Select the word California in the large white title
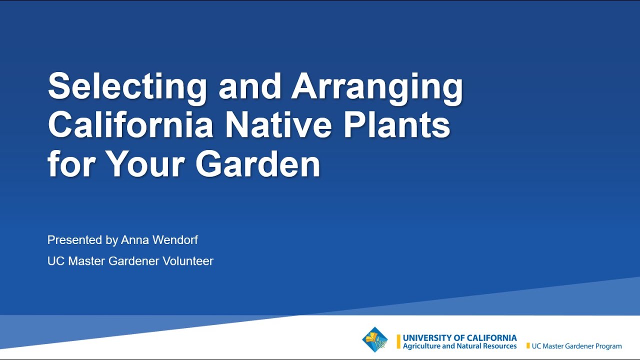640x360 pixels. coord(130,125)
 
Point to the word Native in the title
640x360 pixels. coord(278,125)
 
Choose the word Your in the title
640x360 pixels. coord(145,164)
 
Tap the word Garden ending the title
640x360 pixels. coord(257,164)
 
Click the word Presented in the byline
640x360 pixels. coord(74,240)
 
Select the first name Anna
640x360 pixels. coord(135,240)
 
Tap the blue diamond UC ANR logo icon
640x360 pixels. coord(375,340)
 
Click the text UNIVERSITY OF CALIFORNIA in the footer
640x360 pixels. coord(459,338)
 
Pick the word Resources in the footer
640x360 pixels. coord(498,346)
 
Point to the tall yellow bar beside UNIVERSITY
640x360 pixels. coord(398,341)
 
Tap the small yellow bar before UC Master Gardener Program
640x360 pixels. coord(528,346)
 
